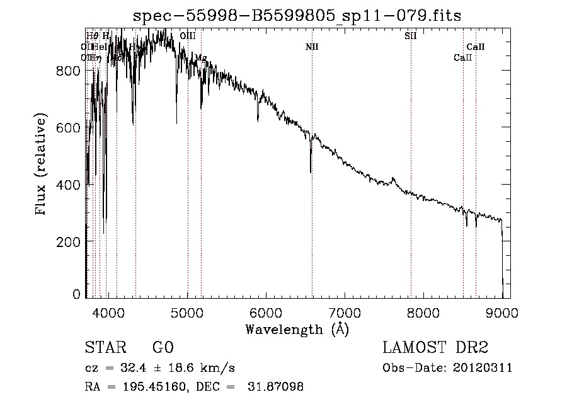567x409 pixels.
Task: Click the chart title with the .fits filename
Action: click(297, 16)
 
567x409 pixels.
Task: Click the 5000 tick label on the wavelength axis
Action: click(187, 312)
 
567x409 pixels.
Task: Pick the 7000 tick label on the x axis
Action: click(345, 312)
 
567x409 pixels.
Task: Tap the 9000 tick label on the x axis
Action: click(502, 312)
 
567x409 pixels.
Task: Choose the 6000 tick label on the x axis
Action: click(266, 312)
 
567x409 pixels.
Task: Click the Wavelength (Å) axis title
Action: click(297, 329)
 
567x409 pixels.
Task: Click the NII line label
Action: click(312, 47)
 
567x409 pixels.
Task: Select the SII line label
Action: click(410, 36)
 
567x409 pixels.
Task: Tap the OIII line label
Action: click(187, 36)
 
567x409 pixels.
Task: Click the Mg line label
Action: click(200, 57)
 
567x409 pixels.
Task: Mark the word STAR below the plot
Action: click(101, 348)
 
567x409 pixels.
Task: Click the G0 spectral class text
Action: click(163, 348)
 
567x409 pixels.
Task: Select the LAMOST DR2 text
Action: click(434, 348)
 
